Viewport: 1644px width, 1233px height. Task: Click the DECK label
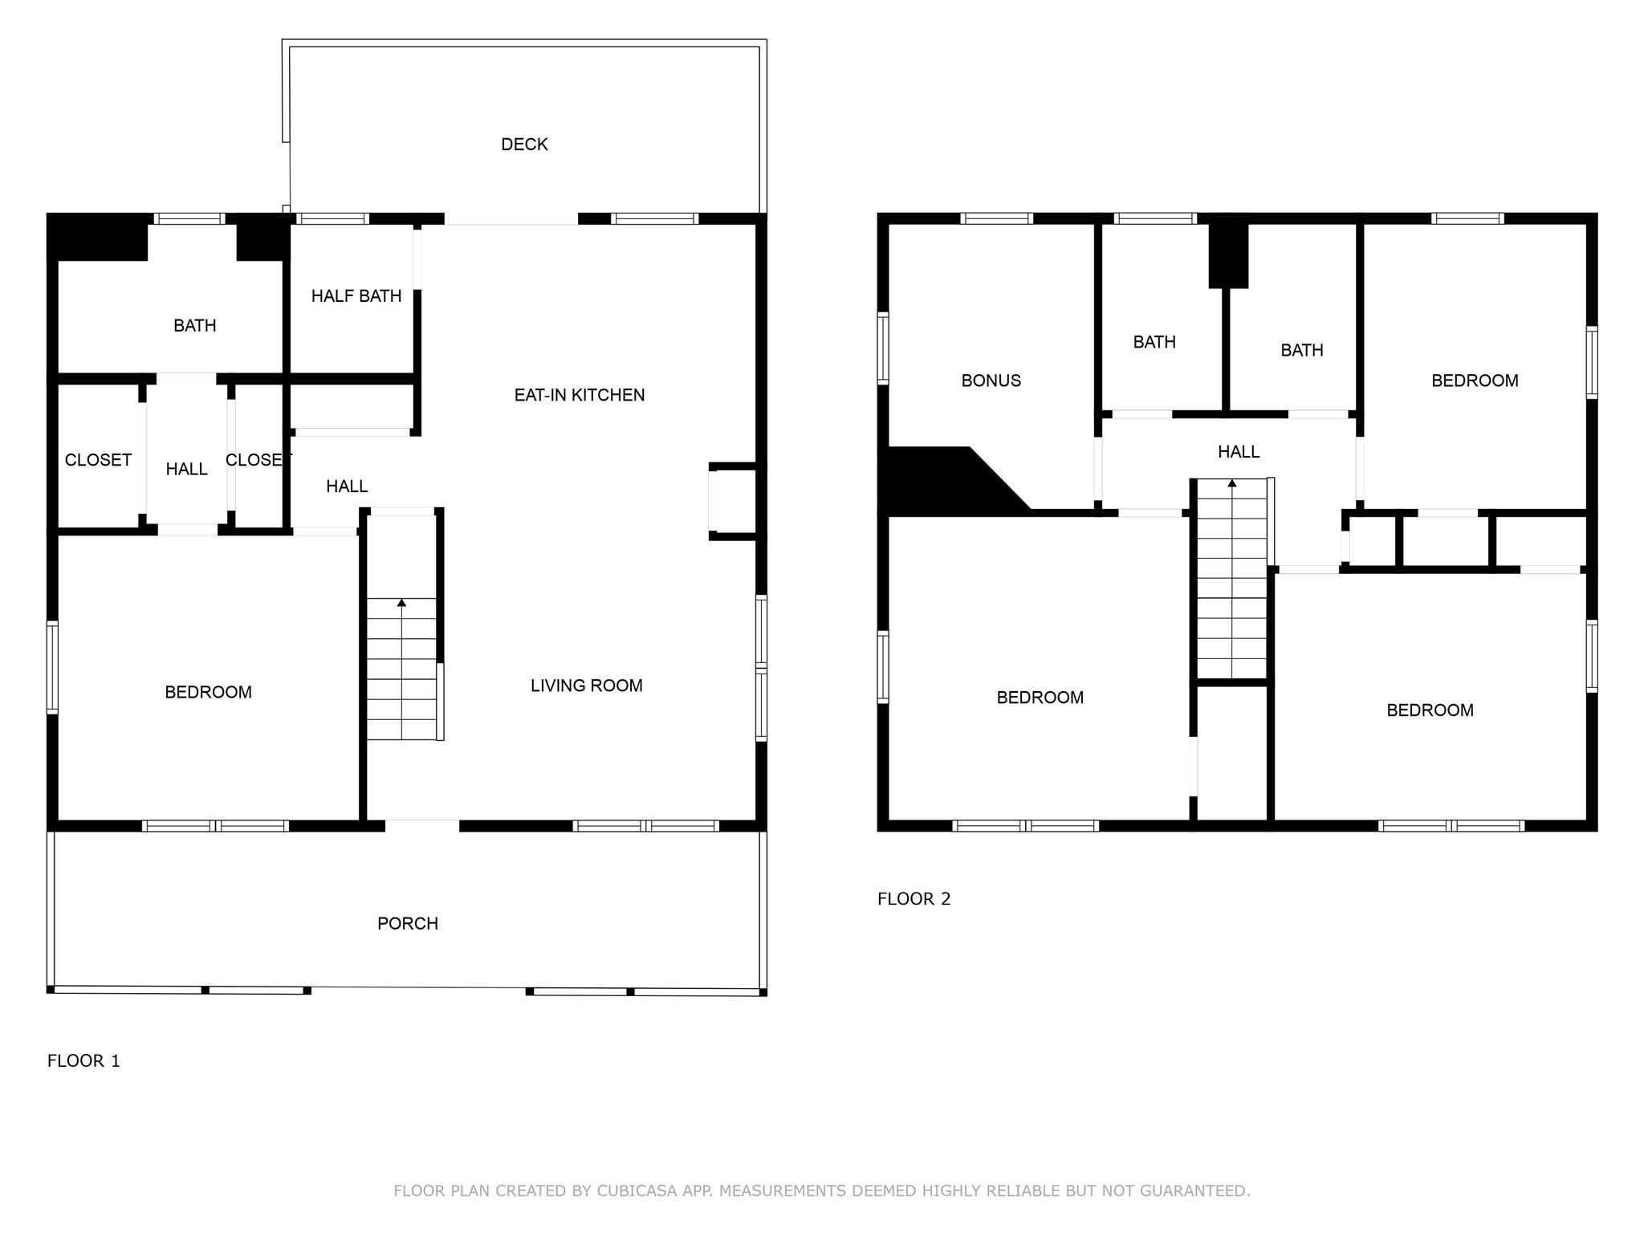[x=524, y=144]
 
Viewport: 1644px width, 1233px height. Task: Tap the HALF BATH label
[x=356, y=296]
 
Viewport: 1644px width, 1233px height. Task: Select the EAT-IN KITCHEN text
[x=579, y=395]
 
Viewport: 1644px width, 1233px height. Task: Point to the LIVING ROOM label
[x=586, y=686]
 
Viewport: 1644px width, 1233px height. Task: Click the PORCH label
[x=408, y=924]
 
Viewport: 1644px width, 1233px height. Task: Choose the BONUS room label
[x=991, y=380]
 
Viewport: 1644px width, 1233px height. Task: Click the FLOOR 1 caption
[x=83, y=1061]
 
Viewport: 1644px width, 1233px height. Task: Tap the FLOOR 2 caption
[x=914, y=899]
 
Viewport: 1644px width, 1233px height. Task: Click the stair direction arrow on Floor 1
[x=401, y=602]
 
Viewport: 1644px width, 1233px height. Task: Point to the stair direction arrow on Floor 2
[x=1231, y=483]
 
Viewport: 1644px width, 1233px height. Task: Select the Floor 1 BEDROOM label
[x=208, y=692]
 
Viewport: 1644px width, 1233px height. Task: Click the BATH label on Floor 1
[x=194, y=326]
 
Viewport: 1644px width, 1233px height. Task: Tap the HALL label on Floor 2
[x=1238, y=452]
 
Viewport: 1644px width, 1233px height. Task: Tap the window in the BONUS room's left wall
[x=883, y=348]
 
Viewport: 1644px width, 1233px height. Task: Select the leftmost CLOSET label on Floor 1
[x=98, y=460]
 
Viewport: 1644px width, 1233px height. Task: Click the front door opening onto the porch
[x=422, y=825]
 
